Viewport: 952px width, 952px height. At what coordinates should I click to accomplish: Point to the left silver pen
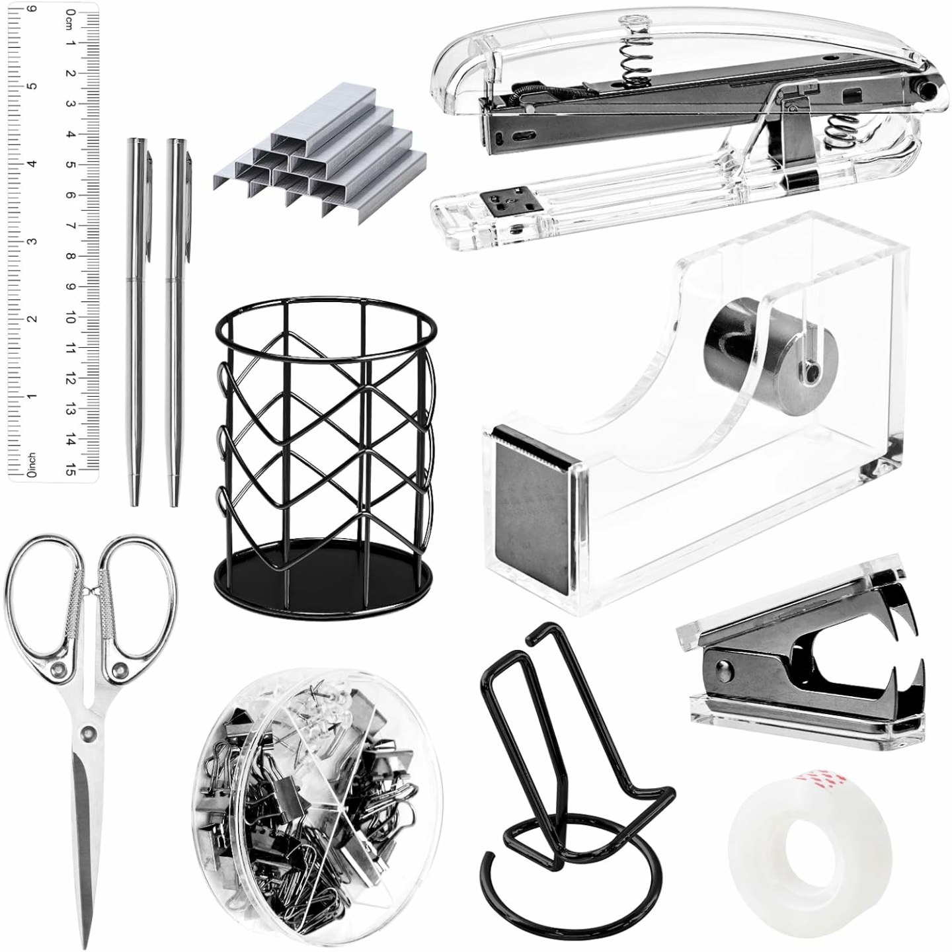(x=136, y=317)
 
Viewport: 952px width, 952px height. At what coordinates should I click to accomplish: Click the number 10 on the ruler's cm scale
(x=69, y=318)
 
